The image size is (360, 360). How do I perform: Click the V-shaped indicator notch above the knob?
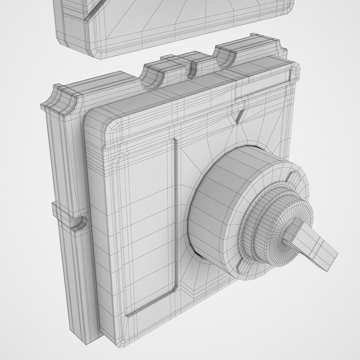[x=239, y=116]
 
